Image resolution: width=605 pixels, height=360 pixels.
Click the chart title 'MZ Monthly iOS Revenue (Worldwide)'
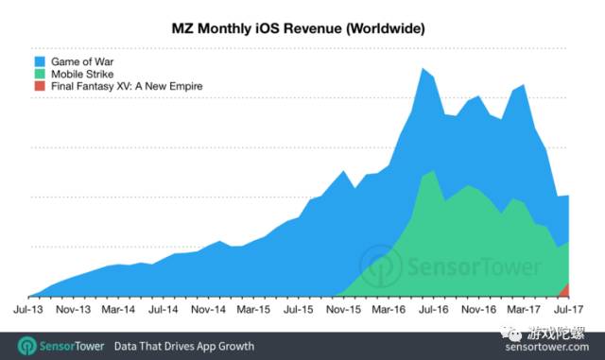click(303, 29)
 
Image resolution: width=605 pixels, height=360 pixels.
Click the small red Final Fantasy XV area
click(565, 290)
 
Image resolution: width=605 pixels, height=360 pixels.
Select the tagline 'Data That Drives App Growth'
click(183, 347)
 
